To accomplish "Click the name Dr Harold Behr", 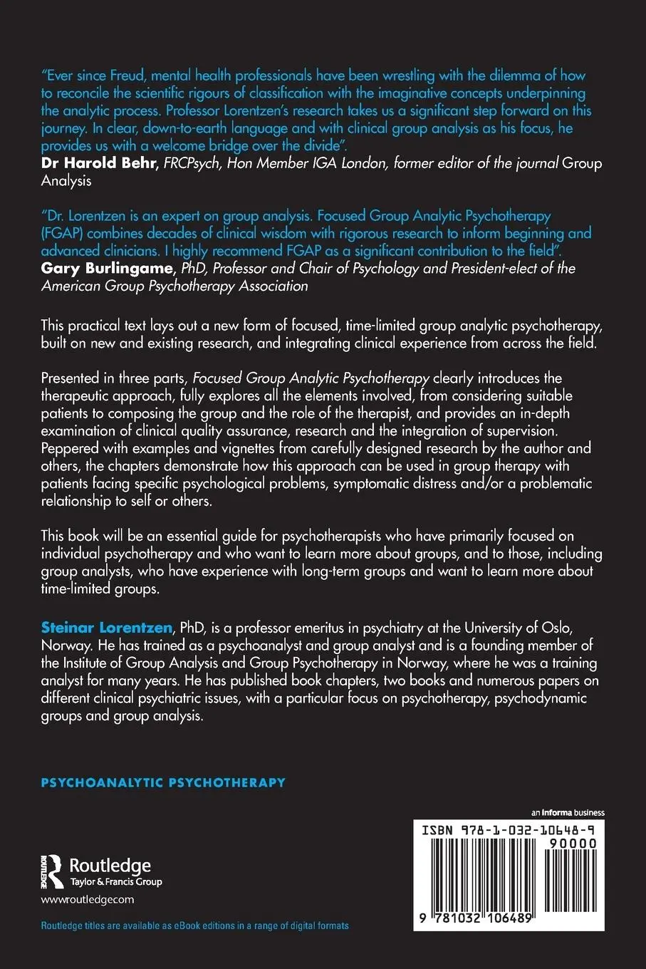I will [x=98, y=163].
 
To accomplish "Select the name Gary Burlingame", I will [x=107, y=269].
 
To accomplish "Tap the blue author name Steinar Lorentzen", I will [x=107, y=628].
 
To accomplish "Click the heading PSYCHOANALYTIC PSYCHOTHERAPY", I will [x=163, y=782].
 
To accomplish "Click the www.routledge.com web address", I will [x=88, y=899].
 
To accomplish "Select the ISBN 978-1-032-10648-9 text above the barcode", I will [x=509, y=830].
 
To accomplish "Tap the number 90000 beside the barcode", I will [x=573, y=844].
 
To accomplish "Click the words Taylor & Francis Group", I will [x=116, y=882].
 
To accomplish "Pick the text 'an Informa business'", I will [x=568, y=812].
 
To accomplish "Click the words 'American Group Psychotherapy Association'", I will [x=175, y=286].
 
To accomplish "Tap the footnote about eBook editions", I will [x=194, y=926].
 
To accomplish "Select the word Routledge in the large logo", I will [x=110, y=866].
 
